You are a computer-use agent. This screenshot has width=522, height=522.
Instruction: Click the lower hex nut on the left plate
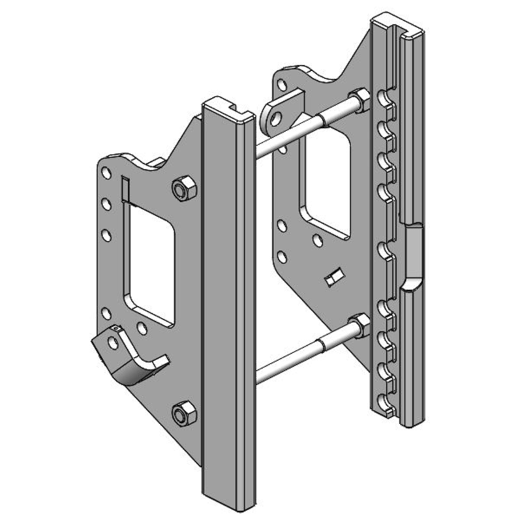[x=183, y=412]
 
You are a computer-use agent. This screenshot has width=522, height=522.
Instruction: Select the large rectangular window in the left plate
[x=152, y=261]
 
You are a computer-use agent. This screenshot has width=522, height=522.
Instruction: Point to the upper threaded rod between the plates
[x=307, y=127]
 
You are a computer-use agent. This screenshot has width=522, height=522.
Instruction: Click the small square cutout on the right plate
[x=333, y=277]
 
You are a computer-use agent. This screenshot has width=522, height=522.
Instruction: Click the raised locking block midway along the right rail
[x=414, y=254]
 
